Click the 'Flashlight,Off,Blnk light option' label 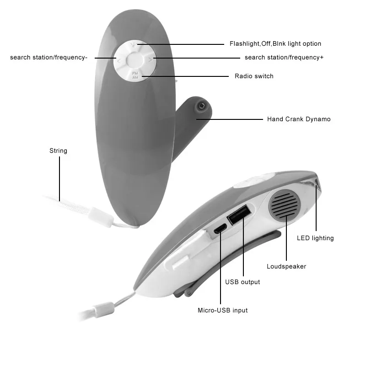275,44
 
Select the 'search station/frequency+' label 284,58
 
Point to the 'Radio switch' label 254,76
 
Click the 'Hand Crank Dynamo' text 299,119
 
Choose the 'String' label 58,151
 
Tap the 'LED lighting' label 315,238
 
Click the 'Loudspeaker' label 286,266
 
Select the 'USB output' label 242,282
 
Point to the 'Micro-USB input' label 222,310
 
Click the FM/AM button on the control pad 135,75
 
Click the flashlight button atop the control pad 133,45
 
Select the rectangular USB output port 239,215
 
